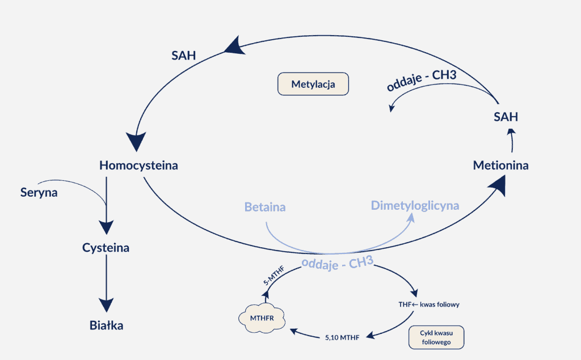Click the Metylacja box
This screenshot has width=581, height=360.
coord(313,84)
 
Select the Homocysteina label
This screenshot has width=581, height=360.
coord(138,166)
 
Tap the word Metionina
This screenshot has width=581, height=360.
coord(501,166)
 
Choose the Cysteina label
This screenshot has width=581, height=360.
coord(106,248)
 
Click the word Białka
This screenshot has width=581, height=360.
coord(106,325)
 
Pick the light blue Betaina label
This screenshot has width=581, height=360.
coord(265,207)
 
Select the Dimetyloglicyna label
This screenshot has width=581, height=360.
coord(415,205)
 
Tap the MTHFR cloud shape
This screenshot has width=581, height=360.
coord(262,317)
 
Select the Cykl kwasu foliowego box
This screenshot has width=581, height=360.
coord(436,337)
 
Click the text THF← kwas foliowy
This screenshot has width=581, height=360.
coord(428,304)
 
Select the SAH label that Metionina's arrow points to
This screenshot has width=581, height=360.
coord(505,117)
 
